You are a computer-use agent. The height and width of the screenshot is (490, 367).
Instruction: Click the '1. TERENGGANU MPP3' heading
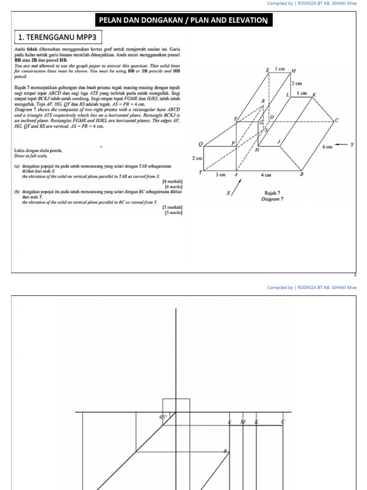(x=57, y=37)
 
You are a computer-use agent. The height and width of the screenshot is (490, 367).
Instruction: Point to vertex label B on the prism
(x=302, y=174)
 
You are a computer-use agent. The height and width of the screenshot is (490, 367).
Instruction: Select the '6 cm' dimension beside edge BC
(x=327, y=147)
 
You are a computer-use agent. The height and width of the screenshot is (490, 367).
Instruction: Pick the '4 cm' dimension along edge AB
(x=266, y=175)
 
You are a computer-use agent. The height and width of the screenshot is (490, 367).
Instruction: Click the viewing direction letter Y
(x=352, y=145)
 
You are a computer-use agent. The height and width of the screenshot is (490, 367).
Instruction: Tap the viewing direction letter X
(x=228, y=193)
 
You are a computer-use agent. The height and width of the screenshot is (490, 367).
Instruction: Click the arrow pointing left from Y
(x=340, y=145)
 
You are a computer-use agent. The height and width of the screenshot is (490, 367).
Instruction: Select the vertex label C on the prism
(x=336, y=120)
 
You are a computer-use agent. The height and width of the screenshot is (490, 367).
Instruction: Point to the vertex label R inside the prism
(x=262, y=101)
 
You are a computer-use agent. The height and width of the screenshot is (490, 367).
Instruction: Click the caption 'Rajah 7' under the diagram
(x=272, y=193)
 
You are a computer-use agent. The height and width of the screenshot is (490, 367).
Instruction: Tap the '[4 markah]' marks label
(x=172, y=182)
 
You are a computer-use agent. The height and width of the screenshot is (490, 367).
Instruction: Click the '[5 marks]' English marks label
(x=173, y=212)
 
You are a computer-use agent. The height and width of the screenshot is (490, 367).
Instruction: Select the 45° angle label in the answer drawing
(x=163, y=417)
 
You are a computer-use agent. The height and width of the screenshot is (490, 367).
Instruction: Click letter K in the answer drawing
(x=257, y=422)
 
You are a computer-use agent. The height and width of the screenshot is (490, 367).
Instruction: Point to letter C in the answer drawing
(x=283, y=422)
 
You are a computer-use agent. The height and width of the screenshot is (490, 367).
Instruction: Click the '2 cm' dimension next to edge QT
(x=197, y=158)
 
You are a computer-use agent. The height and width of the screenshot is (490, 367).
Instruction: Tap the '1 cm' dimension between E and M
(x=281, y=69)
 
